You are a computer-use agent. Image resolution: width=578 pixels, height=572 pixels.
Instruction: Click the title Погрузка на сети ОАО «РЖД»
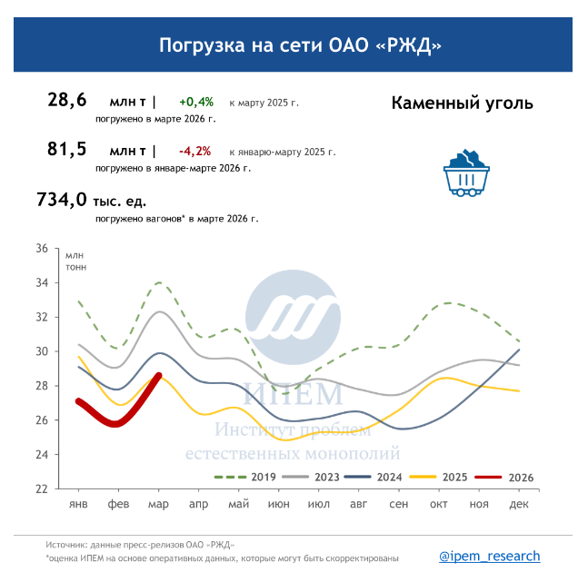(x=288, y=45)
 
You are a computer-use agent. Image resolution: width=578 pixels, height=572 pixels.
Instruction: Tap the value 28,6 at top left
(x=66, y=101)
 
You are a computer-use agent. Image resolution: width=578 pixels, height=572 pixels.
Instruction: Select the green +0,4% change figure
(x=195, y=102)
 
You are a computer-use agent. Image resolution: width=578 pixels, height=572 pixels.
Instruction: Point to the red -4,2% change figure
(x=195, y=151)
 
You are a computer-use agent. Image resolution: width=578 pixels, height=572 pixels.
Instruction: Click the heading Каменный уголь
(x=462, y=103)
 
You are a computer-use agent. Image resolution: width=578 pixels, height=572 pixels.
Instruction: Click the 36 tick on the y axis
(x=42, y=248)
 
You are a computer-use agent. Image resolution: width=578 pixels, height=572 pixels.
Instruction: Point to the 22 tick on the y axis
(x=42, y=488)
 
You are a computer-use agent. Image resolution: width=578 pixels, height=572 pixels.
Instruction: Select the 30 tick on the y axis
(x=42, y=351)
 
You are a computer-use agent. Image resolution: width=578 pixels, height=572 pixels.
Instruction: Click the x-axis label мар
(x=159, y=504)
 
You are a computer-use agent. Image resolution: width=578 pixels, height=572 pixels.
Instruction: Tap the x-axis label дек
(x=519, y=504)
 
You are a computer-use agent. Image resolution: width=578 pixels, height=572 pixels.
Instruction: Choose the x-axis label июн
(x=279, y=504)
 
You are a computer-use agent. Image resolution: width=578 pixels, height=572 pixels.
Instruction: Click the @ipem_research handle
(x=489, y=556)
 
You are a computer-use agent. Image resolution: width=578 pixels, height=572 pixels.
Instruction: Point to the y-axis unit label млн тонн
(x=76, y=260)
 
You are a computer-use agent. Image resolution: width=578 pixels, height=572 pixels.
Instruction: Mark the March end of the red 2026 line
(x=159, y=375)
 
